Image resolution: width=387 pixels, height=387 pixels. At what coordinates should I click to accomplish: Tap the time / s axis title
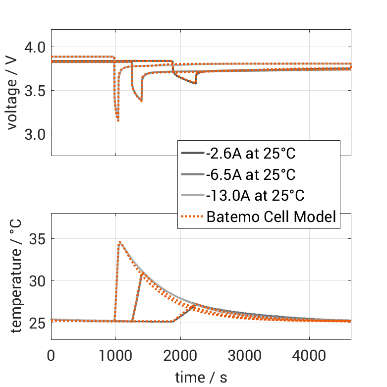[201, 378]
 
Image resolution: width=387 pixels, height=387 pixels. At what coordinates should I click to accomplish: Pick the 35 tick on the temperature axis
[37, 239]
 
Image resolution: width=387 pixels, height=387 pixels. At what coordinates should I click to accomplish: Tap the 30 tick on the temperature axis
[37, 281]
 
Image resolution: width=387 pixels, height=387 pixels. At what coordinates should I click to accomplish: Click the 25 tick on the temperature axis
[37, 323]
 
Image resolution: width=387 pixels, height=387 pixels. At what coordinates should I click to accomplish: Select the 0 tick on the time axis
[51, 356]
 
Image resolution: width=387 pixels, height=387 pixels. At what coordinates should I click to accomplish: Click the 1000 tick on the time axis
[115, 356]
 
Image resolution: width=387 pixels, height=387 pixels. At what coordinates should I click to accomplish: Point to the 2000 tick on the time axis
[180, 356]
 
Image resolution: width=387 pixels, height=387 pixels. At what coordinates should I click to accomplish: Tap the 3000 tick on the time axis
[245, 356]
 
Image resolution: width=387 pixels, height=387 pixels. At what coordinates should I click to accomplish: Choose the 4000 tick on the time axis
[309, 356]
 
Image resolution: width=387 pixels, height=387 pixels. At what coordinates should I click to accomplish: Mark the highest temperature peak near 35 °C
[119, 242]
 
